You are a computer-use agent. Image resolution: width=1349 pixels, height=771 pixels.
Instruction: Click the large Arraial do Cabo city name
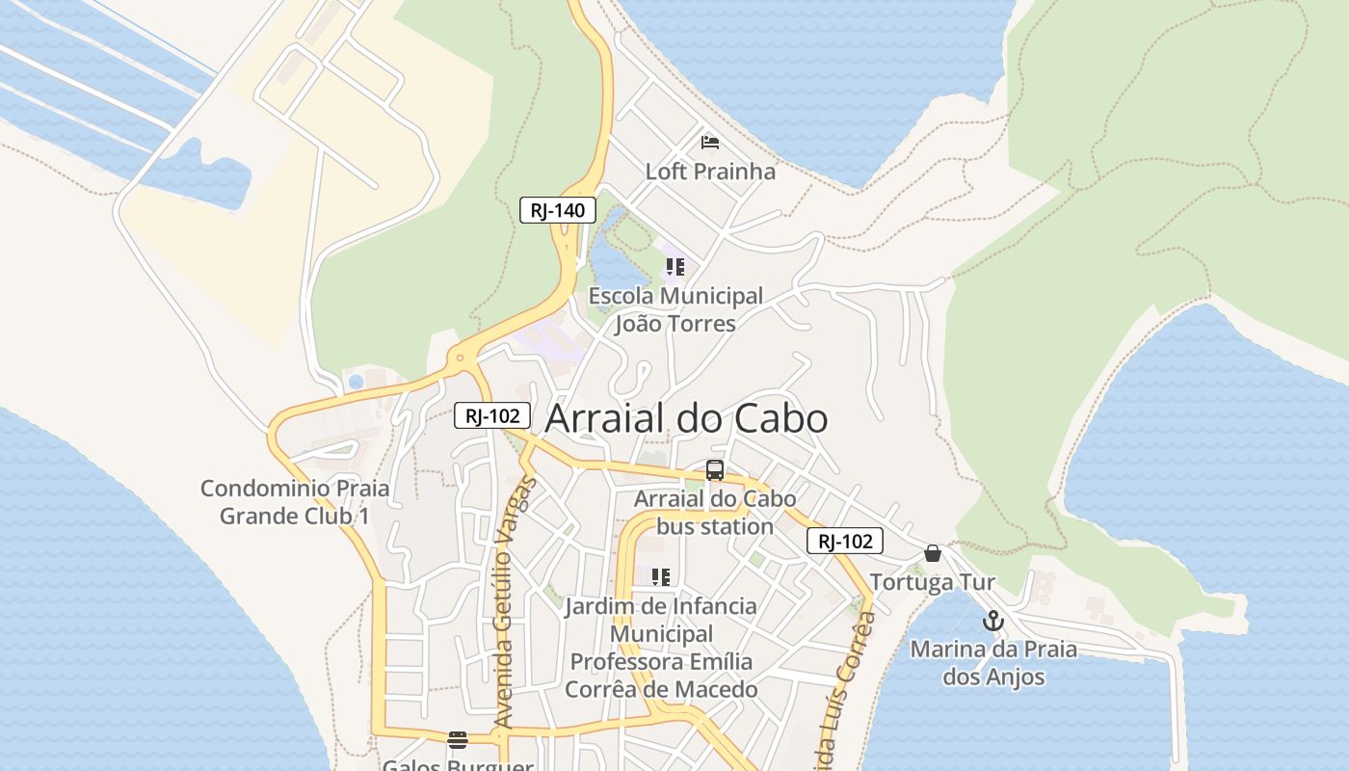pos(686,419)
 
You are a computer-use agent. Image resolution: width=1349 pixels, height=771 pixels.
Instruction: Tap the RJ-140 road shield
pos(558,210)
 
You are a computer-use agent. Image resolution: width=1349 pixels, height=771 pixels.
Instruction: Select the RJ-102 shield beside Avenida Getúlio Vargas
pos(492,415)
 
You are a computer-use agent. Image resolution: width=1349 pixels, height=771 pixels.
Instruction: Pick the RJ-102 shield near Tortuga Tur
pos(845,541)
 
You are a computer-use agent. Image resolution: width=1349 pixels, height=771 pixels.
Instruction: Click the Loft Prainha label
pos(710,172)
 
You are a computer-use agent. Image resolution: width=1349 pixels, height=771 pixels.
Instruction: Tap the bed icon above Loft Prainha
pos(710,144)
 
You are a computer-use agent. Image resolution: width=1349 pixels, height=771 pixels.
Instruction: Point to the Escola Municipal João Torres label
pos(675,309)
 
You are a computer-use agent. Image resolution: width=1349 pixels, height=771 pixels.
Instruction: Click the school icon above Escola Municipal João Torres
pos(675,267)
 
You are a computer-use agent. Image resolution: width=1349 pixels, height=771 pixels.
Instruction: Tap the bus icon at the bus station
pos(715,470)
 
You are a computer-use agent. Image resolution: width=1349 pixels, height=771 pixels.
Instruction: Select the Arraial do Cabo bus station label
pos(715,513)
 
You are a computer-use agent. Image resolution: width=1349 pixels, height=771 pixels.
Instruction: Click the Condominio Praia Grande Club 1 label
pos(295,501)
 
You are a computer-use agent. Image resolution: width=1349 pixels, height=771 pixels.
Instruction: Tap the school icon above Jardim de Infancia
pos(661,577)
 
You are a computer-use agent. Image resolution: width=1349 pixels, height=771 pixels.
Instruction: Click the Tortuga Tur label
pos(932,582)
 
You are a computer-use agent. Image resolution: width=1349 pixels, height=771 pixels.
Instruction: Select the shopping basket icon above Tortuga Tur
pos(932,553)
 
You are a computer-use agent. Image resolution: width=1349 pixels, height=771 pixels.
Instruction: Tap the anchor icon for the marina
pos(993,621)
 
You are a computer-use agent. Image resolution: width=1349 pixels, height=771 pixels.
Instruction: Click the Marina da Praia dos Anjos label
pos(993,663)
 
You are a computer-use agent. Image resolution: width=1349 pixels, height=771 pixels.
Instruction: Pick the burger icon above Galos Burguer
pos(458,740)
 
